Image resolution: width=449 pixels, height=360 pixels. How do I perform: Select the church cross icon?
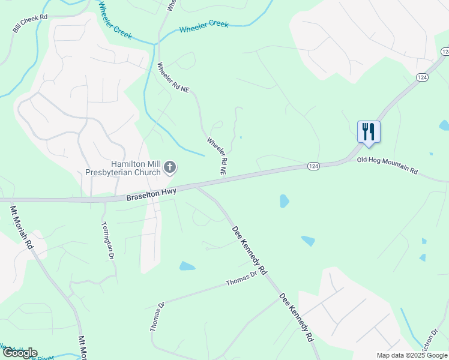[170, 167]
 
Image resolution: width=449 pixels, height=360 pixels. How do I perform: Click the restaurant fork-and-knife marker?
[369, 131]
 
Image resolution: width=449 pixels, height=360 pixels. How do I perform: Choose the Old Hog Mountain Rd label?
[387, 166]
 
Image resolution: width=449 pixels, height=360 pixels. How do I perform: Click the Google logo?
[20, 353]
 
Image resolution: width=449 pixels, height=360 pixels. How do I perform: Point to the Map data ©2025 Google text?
[412, 355]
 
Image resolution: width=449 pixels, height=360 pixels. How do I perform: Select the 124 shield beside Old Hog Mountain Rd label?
[313, 165]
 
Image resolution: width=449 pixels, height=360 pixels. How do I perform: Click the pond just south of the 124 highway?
[284, 201]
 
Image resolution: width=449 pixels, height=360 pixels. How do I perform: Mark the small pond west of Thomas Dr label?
[187, 266]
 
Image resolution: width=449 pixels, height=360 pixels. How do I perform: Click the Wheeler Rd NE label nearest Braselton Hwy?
[217, 156]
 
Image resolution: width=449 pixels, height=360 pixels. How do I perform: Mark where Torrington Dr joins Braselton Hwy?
[104, 200]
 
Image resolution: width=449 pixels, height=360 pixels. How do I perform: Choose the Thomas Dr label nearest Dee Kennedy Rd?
[241, 278]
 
